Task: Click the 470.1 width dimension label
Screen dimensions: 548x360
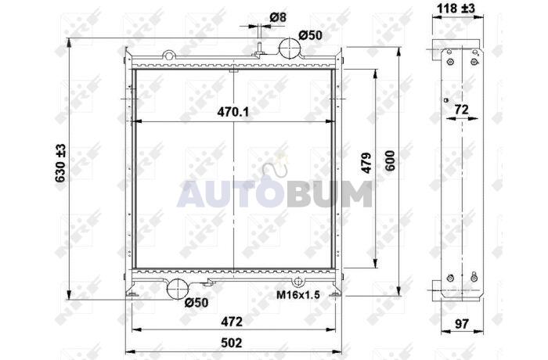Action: click(x=233, y=112)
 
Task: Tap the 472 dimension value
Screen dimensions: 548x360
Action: click(x=232, y=322)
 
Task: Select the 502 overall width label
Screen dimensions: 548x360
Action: click(x=232, y=343)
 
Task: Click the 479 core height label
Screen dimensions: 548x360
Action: click(x=366, y=163)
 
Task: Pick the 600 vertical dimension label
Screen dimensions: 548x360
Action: click(x=390, y=160)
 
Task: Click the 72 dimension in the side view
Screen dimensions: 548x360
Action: click(x=461, y=110)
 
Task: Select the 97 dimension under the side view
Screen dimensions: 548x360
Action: click(x=461, y=324)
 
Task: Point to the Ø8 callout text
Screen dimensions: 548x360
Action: click(x=278, y=17)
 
